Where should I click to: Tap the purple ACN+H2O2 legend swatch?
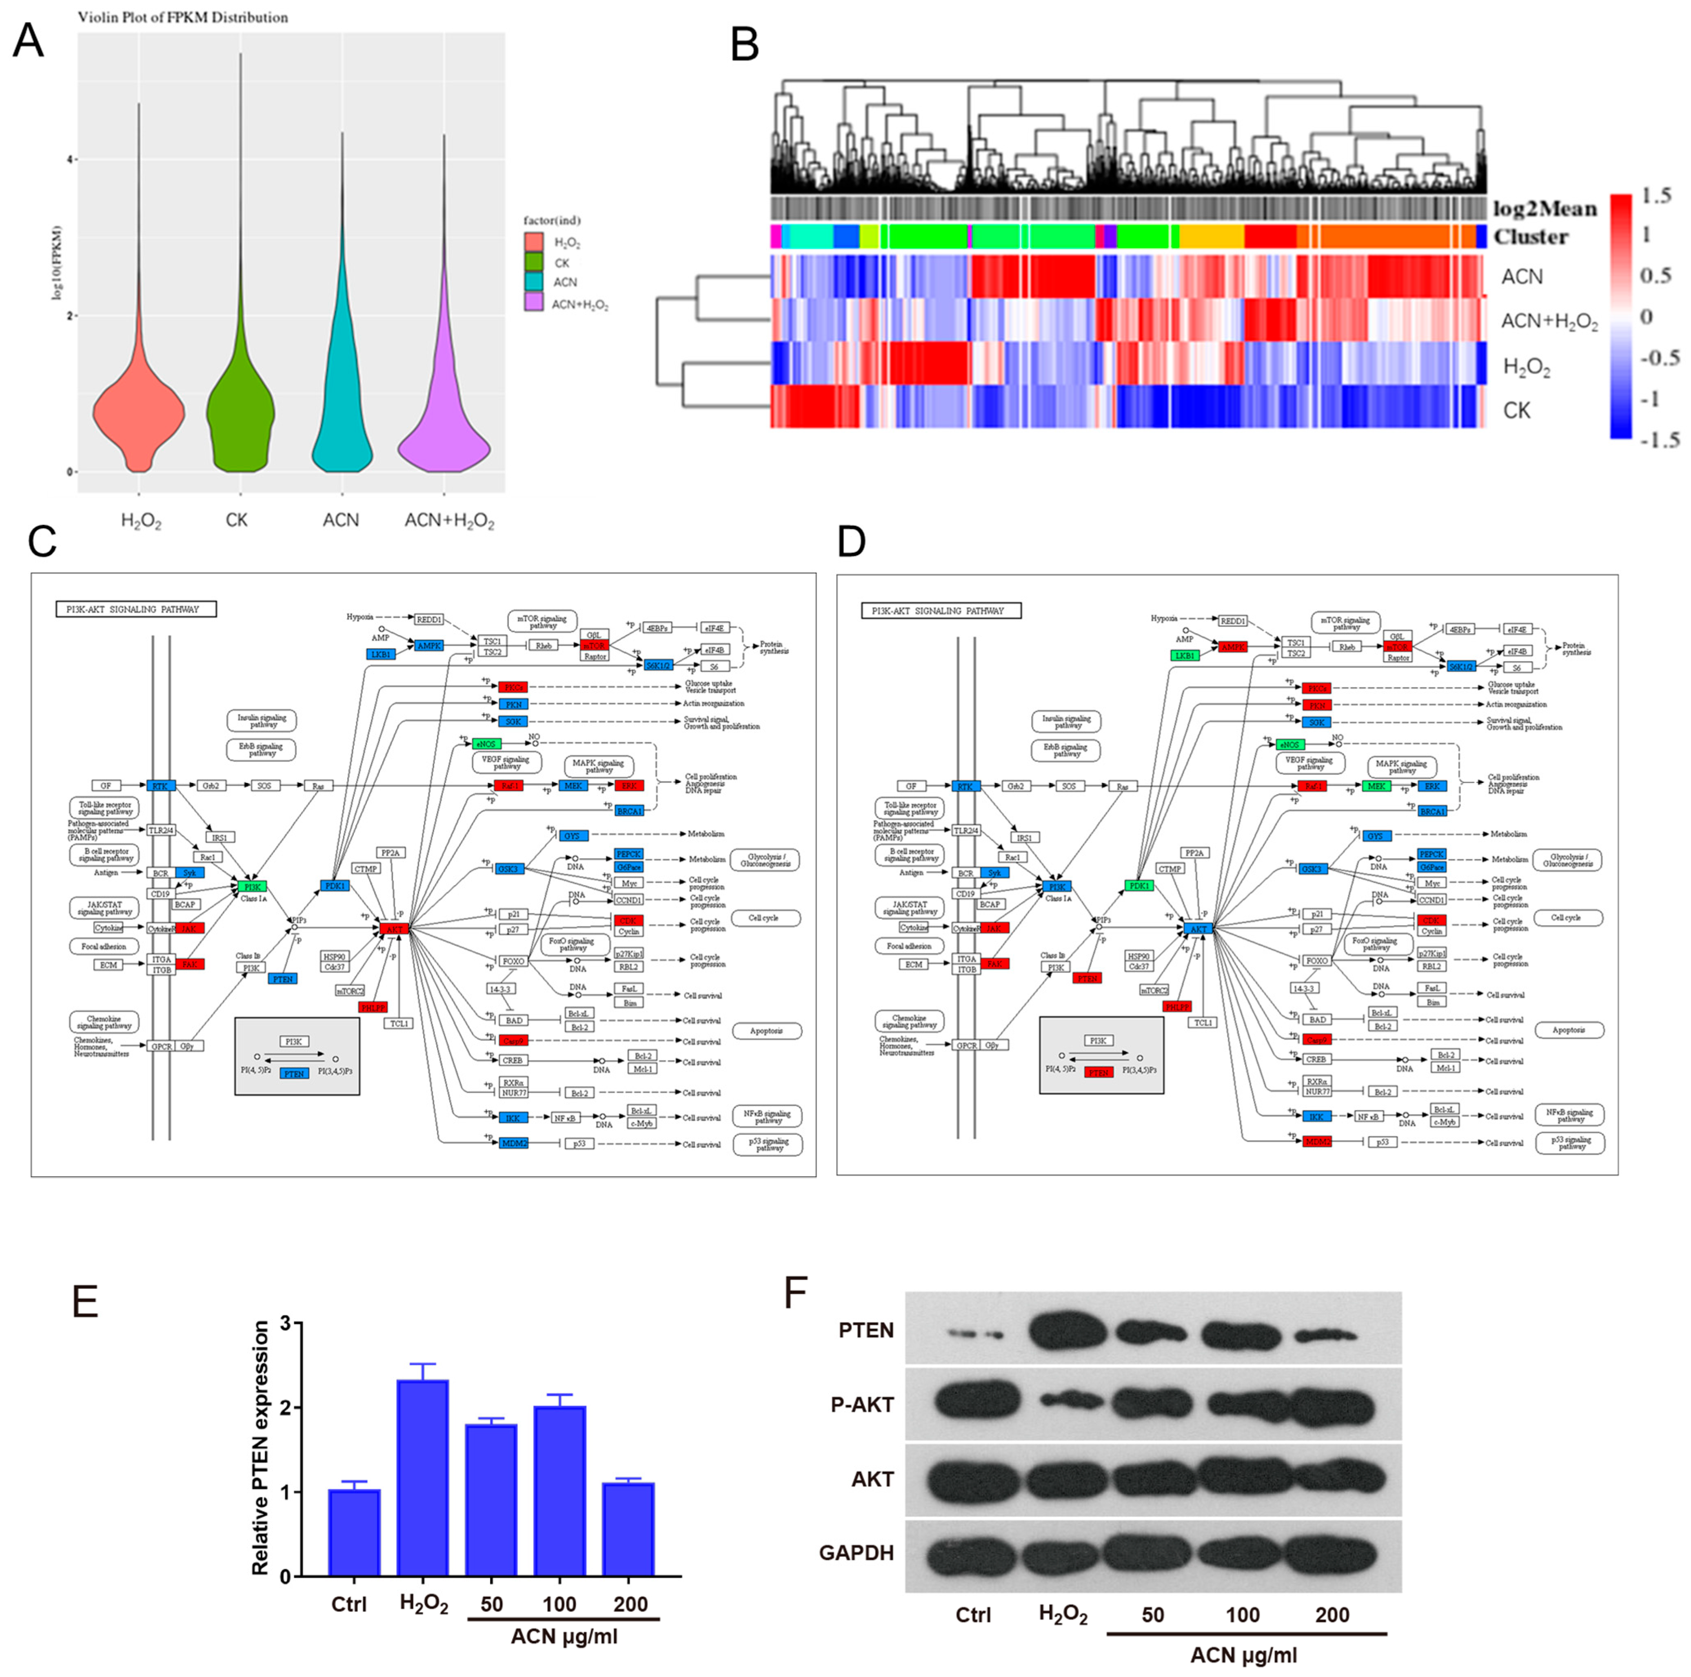534,303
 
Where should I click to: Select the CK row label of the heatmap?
1517,411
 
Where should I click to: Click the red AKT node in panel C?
394,928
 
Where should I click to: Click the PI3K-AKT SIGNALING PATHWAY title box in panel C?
135,609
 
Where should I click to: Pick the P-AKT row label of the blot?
862,1405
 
